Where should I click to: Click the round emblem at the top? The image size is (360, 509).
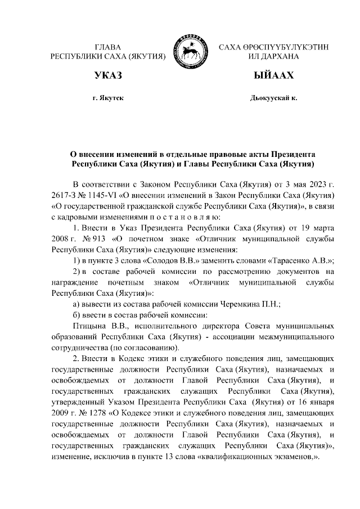191,49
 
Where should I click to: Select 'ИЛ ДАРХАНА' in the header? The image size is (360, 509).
274,56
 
